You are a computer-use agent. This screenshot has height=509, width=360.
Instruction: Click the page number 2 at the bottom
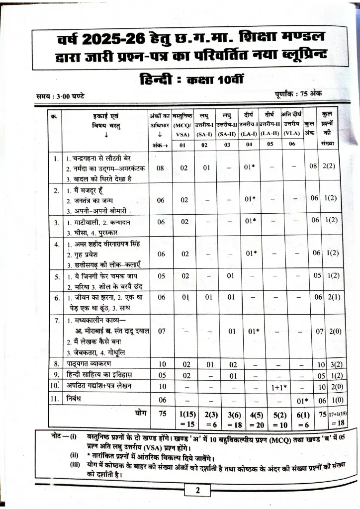point(198,490)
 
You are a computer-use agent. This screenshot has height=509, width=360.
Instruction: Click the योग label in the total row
point(140,413)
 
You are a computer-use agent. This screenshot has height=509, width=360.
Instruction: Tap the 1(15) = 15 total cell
point(185,418)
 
